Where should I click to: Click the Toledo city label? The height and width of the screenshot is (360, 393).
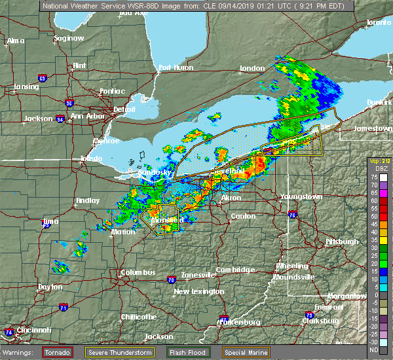(x=91, y=159)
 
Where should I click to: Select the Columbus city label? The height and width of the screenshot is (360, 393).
(x=138, y=272)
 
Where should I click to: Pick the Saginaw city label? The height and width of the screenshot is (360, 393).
(x=69, y=38)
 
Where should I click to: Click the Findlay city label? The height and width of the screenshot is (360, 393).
(x=88, y=200)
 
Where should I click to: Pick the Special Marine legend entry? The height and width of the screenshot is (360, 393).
(x=249, y=352)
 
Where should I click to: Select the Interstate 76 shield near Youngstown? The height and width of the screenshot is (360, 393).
(x=292, y=215)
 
